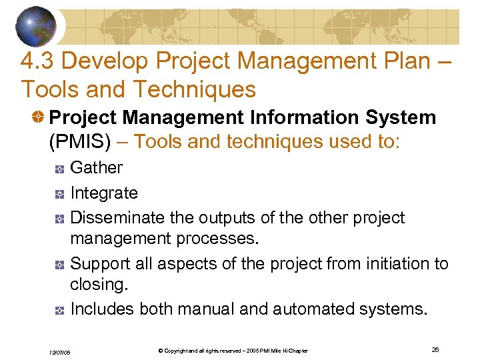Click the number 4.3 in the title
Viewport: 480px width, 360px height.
(x=37, y=61)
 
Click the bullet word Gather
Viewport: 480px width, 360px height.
(x=97, y=168)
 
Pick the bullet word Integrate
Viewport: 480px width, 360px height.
(x=104, y=193)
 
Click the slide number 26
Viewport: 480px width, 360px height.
(x=435, y=349)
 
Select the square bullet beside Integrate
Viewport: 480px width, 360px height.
(x=59, y=195)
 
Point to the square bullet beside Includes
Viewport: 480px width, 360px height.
(x=59, y=310)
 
